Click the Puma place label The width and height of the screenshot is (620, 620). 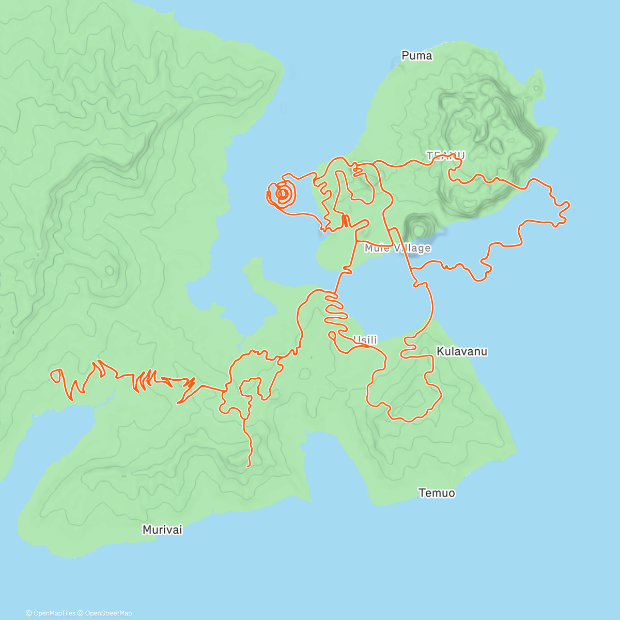(x=416, y=56)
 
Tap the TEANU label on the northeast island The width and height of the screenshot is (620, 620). (x=445, y=155)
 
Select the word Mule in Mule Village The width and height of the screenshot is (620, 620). (x=376, y=249)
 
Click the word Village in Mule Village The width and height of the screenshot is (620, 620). (x=412, y=249)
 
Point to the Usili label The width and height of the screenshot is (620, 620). (x=365, y=340)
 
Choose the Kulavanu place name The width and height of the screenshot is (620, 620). (x=462, y=352)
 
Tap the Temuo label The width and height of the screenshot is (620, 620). (x=437, y=493)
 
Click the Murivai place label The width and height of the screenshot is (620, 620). (x=162, y=530)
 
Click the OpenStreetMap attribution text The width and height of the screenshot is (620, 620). (x=109, y=613)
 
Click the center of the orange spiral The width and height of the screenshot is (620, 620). (x=283, y=194)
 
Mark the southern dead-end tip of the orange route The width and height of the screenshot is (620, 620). (x=249, y=466)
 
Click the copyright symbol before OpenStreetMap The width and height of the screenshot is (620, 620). (x=81, y=613)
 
